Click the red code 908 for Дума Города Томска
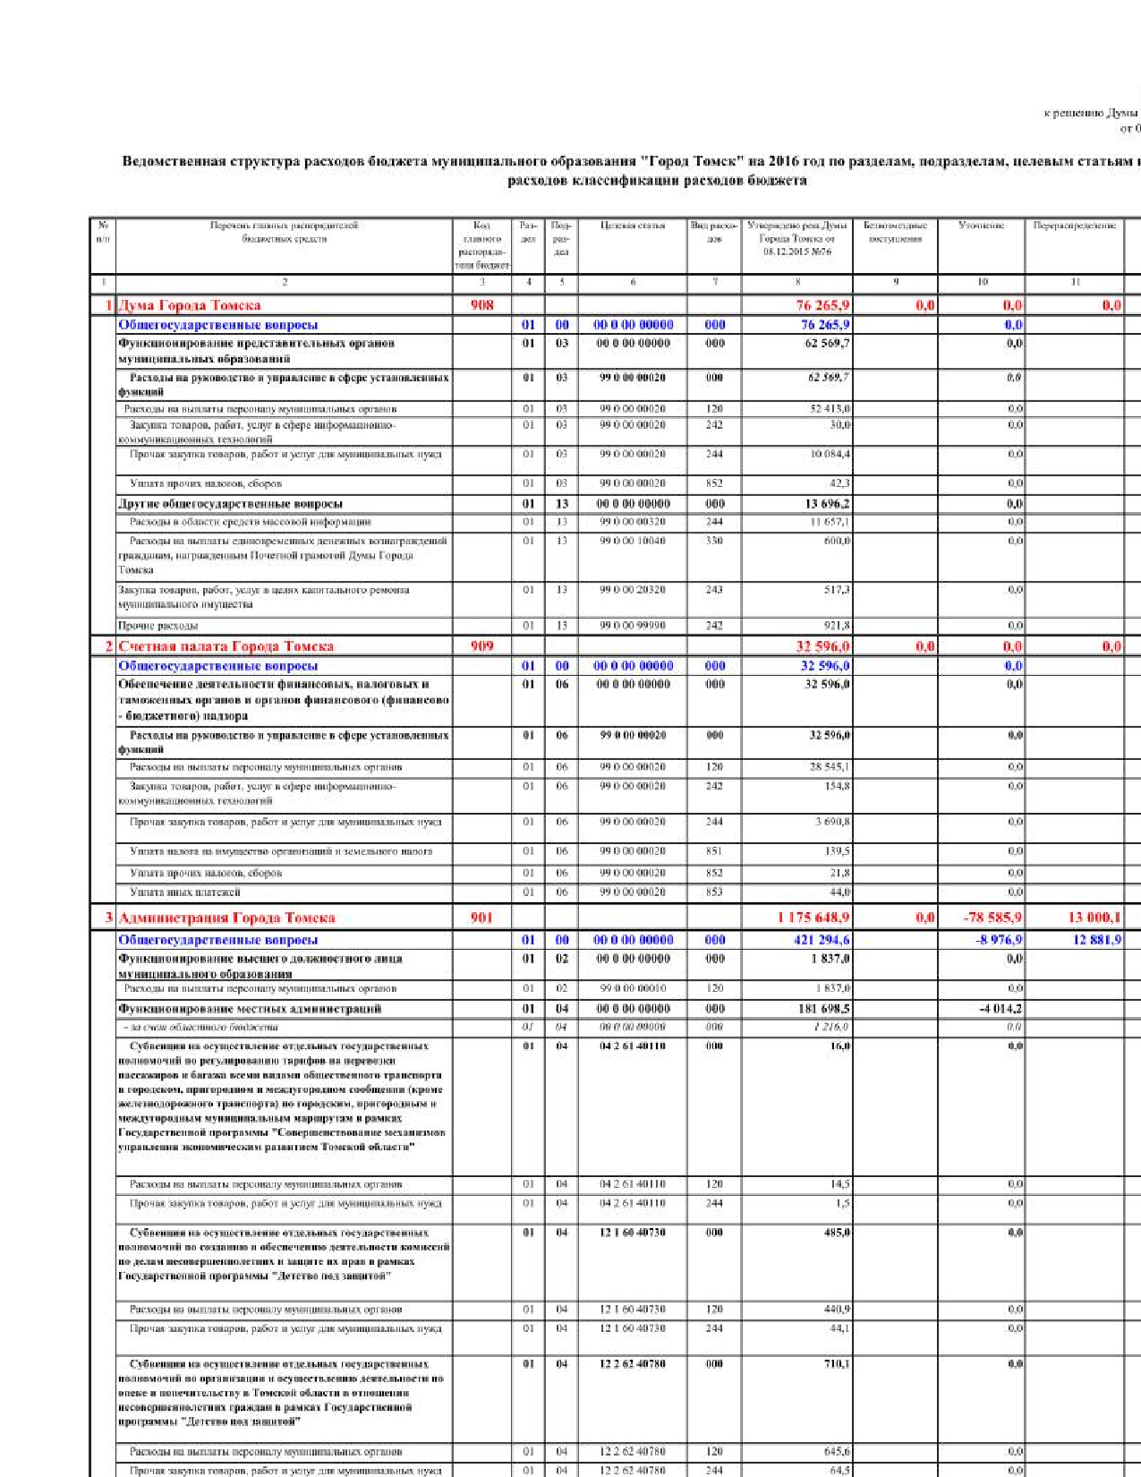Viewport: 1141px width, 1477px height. [x=481, y=305]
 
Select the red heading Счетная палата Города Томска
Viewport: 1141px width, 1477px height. [x=226, y=646]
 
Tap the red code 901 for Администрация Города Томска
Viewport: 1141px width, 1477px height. [x=481, y=918]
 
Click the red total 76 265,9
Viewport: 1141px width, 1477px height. [x=822, y=305]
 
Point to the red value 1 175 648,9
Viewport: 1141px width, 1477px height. [x=813, y=918]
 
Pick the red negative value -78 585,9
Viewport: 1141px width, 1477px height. [x=992, y=918]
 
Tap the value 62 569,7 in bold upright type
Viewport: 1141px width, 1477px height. [x=827, y=343]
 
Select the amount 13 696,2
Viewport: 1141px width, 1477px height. [x=827, y=504]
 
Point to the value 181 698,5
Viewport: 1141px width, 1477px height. [x=822, y=1009]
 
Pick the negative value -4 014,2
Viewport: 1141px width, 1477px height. [x=1000, y=1009]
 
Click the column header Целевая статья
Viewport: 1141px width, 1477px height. [x=632, y=226]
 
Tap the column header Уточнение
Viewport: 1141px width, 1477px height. [x=981, y=226]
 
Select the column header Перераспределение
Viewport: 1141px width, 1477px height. [x=1075, y=226]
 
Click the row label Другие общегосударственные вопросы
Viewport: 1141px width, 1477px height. [x=230, y=504]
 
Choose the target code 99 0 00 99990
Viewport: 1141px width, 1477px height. [x=632, y=626]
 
